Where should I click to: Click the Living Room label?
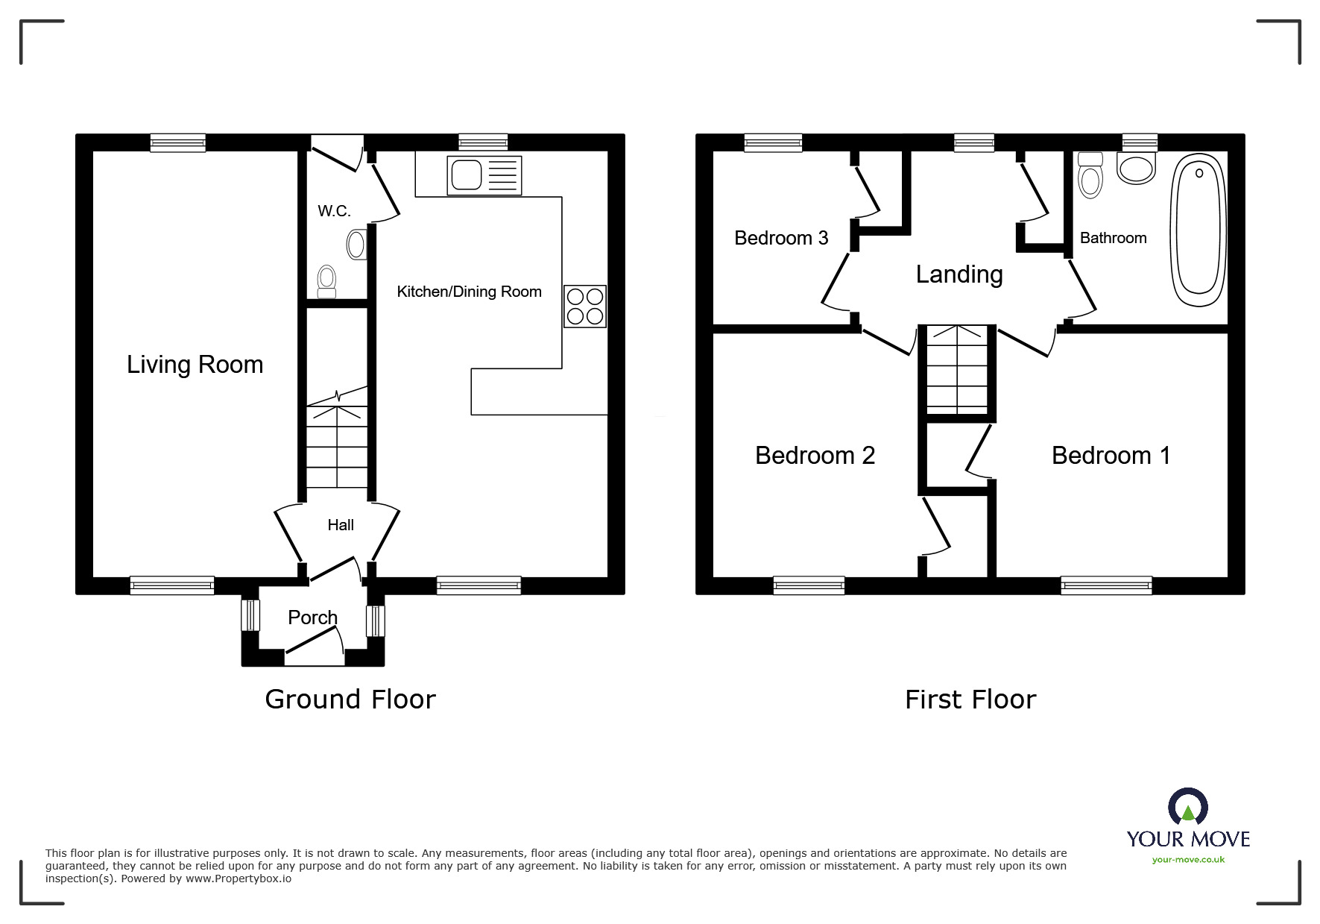click(195, 365)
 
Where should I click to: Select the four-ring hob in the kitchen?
click(585, 307)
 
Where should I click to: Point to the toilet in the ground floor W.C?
click(326, 281)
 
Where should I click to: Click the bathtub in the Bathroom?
click(1199, 225)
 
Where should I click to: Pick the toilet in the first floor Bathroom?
click(1090, 175)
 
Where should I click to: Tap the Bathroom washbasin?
click(1137, 169)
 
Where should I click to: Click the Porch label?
click(312, 617)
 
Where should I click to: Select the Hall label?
click(341, 525)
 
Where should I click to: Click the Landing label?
click(959, 274)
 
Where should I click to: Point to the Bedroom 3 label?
click(781, 238)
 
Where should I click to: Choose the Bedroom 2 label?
click(815, 456)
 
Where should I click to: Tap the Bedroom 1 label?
click(1111, 456)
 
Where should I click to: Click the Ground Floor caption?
click(350, 700)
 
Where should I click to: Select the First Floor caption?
click(970, 700)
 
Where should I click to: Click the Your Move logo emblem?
click(1188, 807)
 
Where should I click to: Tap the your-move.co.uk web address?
click(1188, 860)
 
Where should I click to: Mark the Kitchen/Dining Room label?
click(469, 292)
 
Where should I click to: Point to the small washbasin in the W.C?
click(357, 244)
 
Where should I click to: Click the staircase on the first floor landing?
click(957, 370)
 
